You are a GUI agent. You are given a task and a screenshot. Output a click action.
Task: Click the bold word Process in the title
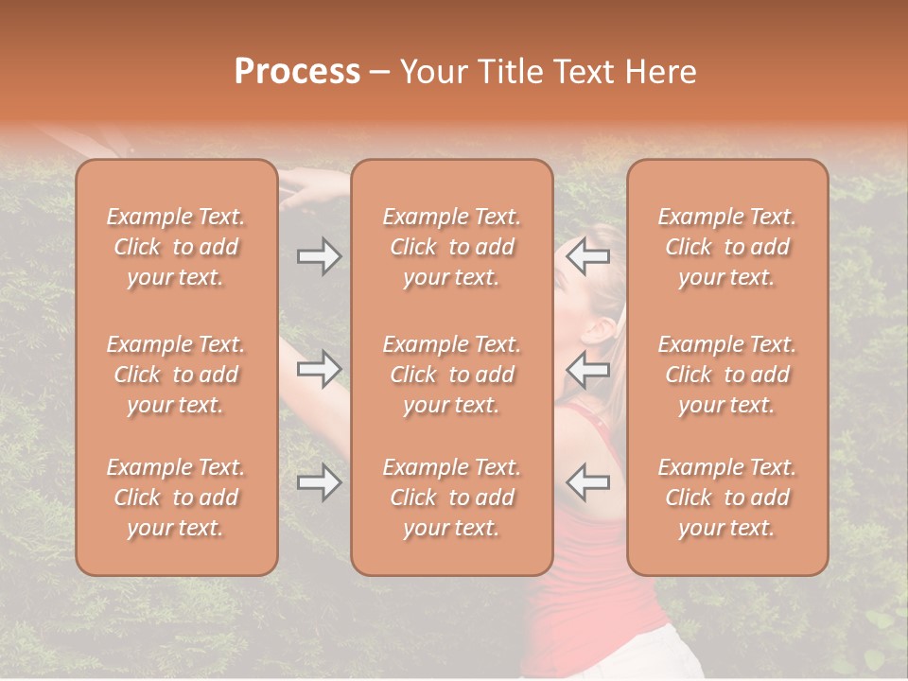[297, 72]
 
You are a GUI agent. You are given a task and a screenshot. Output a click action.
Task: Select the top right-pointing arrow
[319, 256]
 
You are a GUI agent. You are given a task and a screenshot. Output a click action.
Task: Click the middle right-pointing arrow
[319, 369]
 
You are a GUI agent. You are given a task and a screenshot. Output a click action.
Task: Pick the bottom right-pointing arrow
[319, 482]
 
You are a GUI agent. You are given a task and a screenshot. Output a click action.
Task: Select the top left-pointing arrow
[588, 256]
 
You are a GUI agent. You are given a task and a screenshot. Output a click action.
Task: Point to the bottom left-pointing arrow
[588, 482]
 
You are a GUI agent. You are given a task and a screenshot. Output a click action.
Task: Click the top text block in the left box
[176, 247]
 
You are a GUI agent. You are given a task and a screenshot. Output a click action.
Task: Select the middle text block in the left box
[176, 375]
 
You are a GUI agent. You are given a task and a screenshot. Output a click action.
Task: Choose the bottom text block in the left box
[176, 498]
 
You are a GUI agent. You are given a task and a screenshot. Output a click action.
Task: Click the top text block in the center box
[451, 247]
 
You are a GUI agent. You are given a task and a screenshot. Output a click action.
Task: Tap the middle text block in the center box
[451, 375]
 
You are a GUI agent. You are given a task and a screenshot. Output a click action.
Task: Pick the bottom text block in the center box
[451, 498]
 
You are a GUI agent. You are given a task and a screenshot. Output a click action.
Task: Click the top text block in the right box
[727, 247]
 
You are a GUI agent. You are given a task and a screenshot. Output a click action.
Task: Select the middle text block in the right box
[727, 375]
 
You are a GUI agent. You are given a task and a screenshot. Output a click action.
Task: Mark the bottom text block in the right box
[727, 498]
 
